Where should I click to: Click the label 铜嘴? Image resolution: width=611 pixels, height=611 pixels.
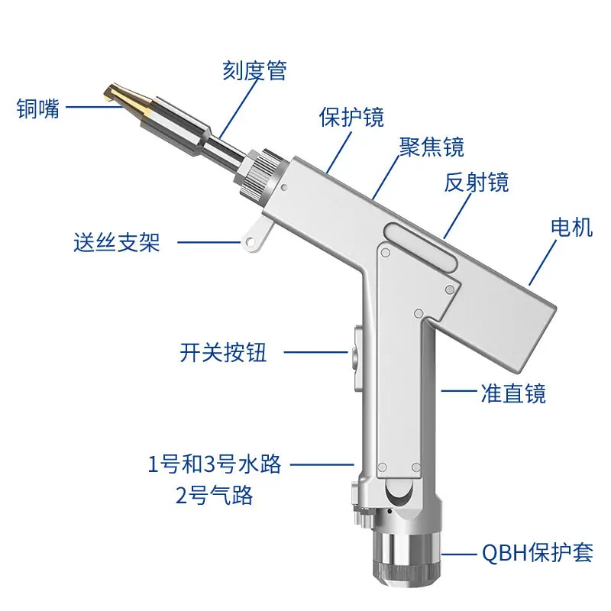(x=38, y=108)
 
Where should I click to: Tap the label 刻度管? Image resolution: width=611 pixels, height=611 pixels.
(x=255, y=70)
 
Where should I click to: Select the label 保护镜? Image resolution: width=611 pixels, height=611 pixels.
(x=351, y=117)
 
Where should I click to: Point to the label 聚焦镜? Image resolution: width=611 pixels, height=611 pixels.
(x=432, y=147)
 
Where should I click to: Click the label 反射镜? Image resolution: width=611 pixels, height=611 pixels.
(x=477, y=182)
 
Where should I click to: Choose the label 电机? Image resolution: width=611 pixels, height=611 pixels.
(x=572, y=227)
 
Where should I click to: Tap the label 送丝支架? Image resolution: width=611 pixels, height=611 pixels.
(x=117, y=242)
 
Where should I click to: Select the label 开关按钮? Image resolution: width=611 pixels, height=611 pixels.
(x=223, y=352)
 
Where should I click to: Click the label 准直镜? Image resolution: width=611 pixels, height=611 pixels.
(x=513, y=393)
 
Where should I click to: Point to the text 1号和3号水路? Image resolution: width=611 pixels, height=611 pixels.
(x=215, y=464)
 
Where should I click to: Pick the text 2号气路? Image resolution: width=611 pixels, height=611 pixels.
(x=215, y=495)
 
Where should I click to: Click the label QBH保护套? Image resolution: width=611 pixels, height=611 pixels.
(x=538, y=552)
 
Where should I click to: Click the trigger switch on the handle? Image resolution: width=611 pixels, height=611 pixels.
(x=357, y=360)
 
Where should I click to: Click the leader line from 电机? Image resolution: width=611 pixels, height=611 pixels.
(x=542, y=263)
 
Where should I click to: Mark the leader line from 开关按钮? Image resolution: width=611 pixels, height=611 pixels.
(x=316, y=352)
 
